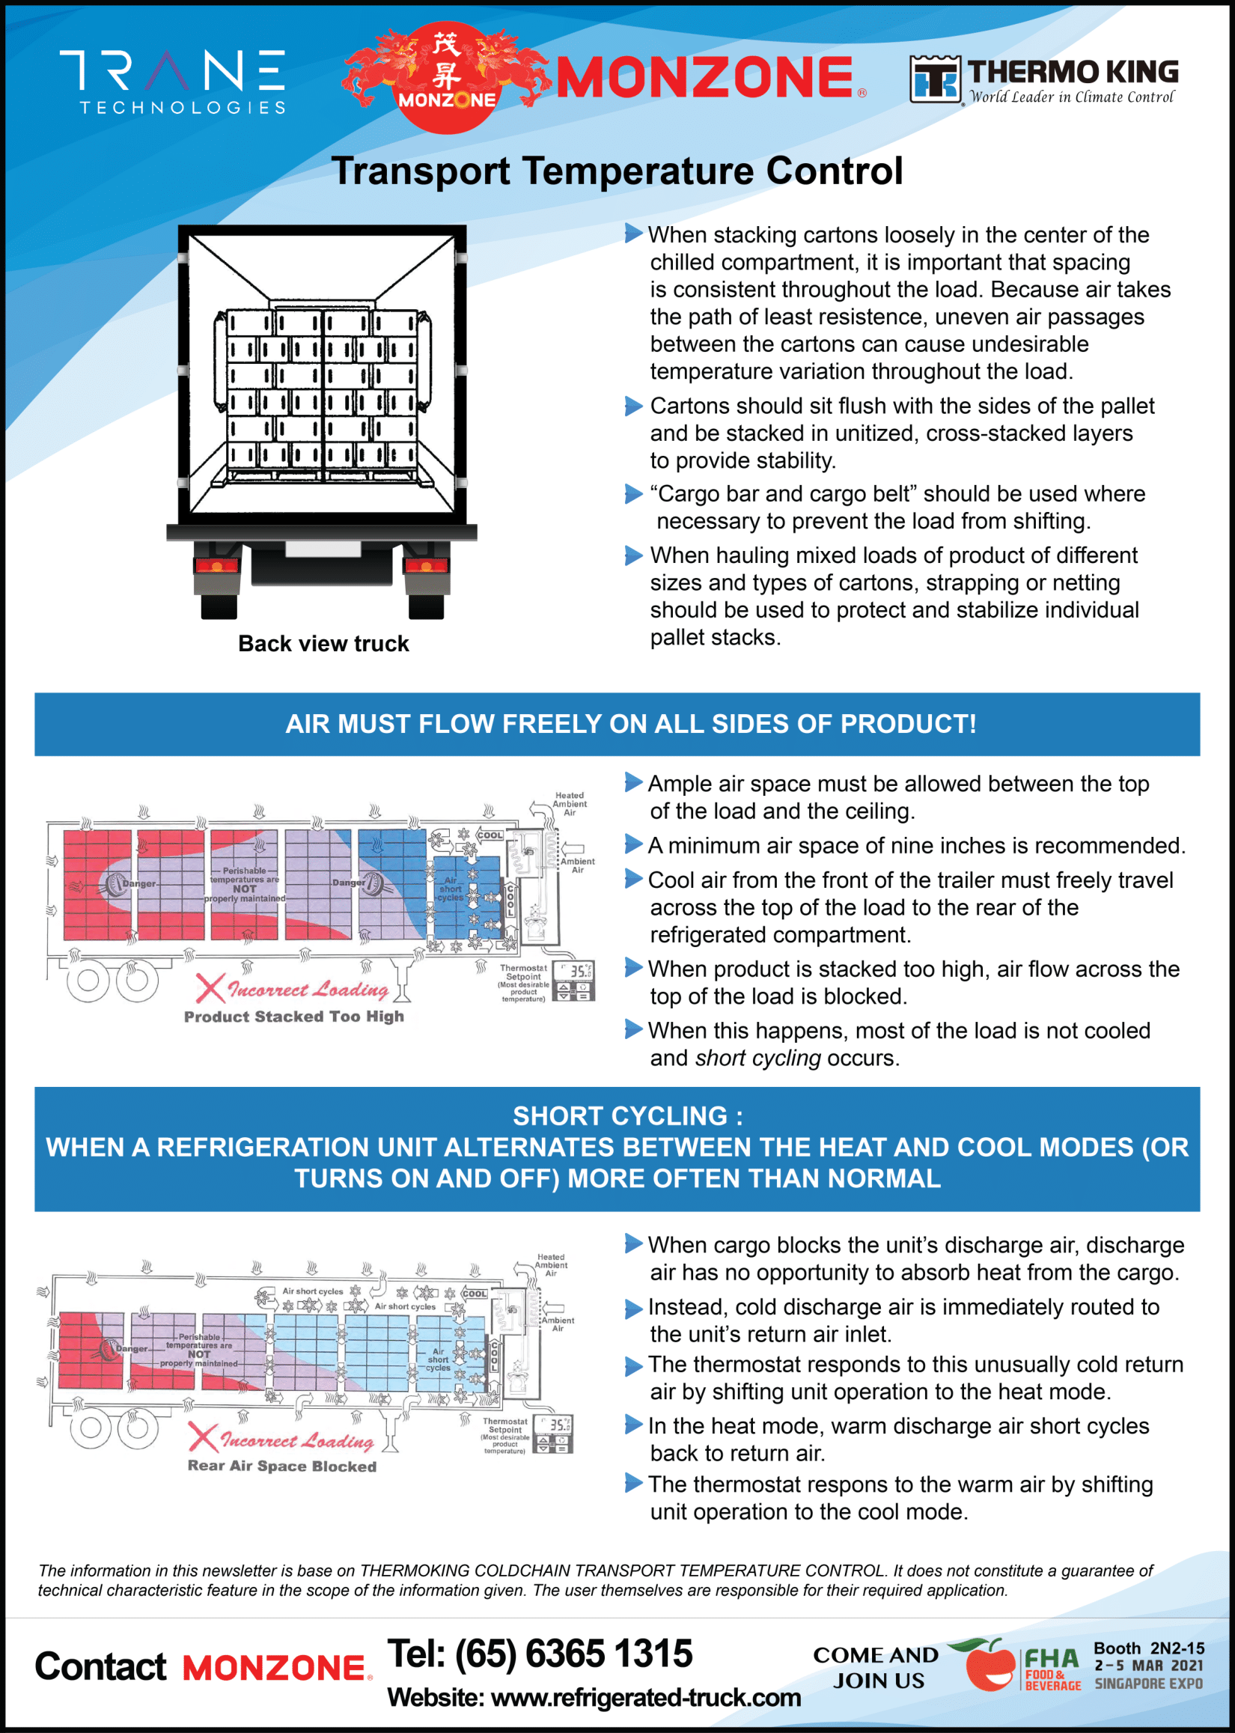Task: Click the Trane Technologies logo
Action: click(173, 82)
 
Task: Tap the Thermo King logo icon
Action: click(935, 79)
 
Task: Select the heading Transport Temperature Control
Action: click(617, 171)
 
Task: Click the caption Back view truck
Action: click(323, 644)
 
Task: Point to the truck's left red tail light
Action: click(217, 566)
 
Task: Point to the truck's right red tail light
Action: click(426, 566)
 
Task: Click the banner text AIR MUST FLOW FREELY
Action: click(630, 724)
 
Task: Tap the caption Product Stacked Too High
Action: click(293, 1017)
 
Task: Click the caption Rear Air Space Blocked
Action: click(281, 1466)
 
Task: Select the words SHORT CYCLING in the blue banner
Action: click(620, 1116)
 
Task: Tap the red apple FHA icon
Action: click(989, 1666)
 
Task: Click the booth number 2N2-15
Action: click(1177, 1648)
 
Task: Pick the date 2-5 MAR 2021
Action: click(1148, 1666)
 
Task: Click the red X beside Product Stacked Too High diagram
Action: click(209, 988)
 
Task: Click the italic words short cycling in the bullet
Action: click(757, 1058)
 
